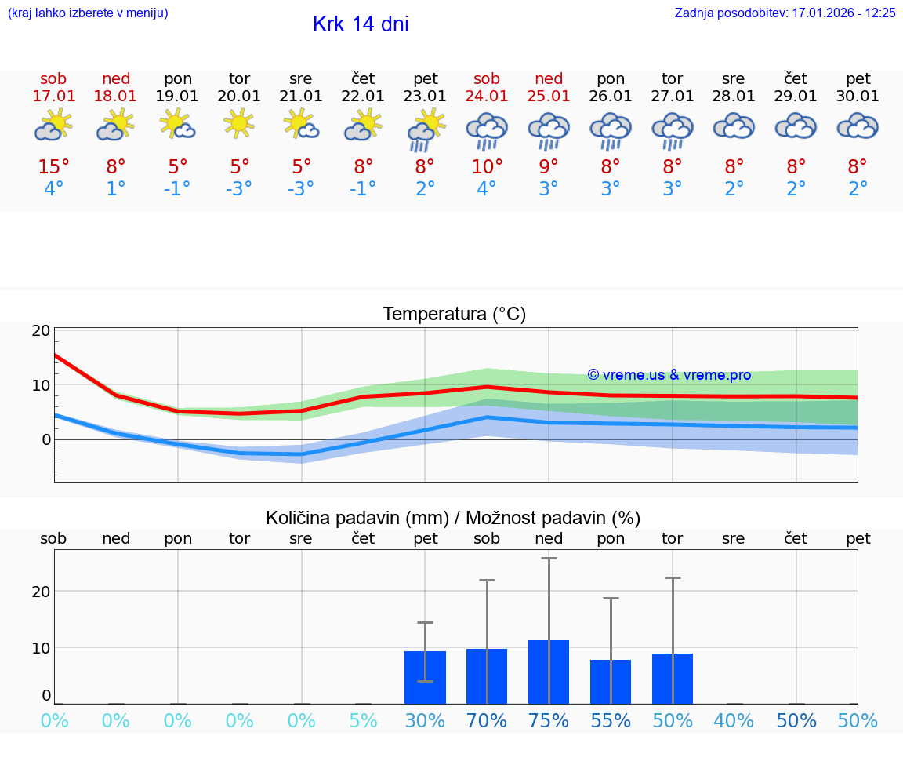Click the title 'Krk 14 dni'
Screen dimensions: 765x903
361,24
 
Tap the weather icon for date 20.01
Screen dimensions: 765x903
240,124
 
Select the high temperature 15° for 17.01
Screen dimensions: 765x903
54,167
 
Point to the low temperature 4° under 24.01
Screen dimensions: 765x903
487,189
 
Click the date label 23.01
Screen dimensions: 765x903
425,96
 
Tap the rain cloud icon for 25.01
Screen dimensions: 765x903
549,130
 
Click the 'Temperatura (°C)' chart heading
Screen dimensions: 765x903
454,314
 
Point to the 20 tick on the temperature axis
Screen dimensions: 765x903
41,330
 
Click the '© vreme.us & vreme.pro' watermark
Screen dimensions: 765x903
669,375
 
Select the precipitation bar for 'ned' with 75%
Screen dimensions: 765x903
549,672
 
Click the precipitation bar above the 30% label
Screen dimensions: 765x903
425,677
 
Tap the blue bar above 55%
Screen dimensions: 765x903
611,682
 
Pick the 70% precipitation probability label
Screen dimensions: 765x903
487,721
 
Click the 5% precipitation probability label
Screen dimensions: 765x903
363,721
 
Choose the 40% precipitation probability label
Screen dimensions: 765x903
734,721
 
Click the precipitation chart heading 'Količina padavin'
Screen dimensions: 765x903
453,518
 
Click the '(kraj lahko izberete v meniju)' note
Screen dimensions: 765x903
88,13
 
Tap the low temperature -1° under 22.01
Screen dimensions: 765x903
363,189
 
